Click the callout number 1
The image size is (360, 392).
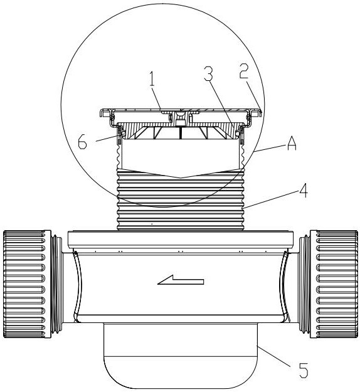[x=152, y=79]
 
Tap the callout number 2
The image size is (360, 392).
[x=244, y=71]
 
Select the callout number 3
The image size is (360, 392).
[x=208, y=74]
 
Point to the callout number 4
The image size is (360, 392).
[x=303, y=191]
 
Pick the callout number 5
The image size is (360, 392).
[x=304, y=370]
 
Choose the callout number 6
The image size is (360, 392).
[x=83, y=142]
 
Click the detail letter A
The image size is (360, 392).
[x=291, y=144]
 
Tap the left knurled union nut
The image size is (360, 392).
[x=28, y=284]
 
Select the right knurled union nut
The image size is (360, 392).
[x=334, y=284]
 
